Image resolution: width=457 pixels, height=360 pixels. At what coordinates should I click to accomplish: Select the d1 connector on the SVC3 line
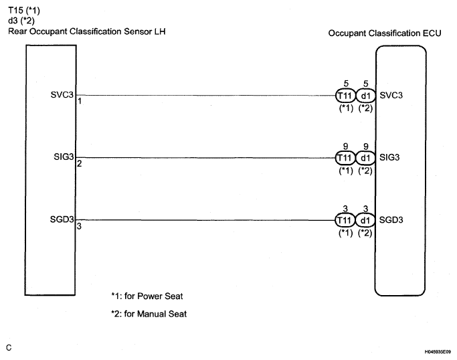(365, 95)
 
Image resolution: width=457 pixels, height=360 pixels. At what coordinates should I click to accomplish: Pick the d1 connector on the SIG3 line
(365, 158)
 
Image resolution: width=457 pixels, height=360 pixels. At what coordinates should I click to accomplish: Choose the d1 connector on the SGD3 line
(365, 219)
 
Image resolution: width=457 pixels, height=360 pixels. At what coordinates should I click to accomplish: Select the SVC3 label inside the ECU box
(391, 95)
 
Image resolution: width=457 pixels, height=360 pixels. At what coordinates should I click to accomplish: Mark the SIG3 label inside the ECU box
(390, 158)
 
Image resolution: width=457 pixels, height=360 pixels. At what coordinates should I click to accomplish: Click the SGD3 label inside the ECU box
(391, 219)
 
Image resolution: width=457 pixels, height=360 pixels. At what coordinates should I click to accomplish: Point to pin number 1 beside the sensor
(79, 101)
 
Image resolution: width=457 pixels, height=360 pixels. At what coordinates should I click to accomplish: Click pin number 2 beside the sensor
(79, 164)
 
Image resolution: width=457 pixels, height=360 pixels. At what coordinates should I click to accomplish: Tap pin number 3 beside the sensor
(79, 226)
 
